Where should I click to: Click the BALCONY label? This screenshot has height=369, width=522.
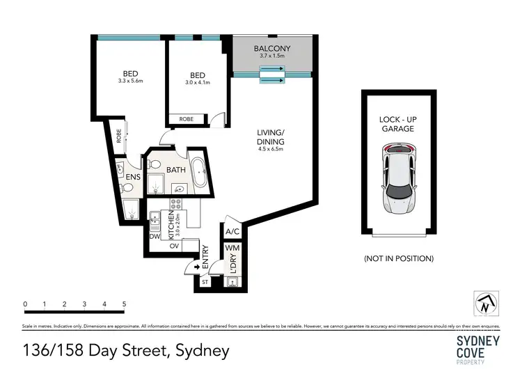point(272,48)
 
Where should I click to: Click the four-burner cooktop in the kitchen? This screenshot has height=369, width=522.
point(176,205)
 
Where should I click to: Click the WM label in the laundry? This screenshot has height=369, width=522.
point(232,248)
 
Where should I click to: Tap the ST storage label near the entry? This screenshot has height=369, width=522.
point(205,282)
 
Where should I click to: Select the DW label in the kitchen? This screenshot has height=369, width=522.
point(155,236)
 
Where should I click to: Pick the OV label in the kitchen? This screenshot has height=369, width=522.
point(175,245)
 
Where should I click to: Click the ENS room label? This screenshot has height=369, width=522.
point(134,177)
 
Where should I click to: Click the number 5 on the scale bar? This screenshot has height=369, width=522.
point(124,304)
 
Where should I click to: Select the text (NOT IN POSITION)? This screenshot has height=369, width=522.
point(398,258)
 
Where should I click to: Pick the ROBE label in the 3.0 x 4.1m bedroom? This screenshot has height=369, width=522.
point(187,119)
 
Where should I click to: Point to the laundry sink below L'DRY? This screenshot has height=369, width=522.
point(232,281)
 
